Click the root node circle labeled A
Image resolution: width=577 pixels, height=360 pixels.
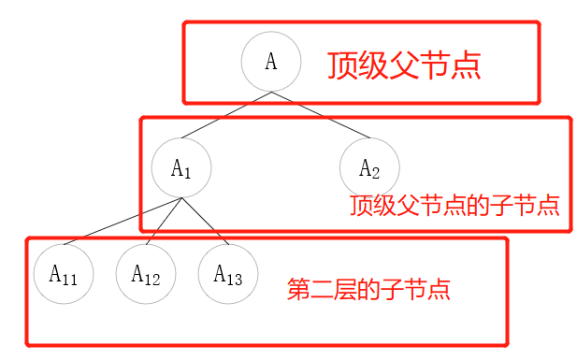(x=271, y=62)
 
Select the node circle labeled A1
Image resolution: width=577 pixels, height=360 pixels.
(x=181, y=168)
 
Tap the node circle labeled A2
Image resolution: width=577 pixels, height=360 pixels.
(x=369, y=168)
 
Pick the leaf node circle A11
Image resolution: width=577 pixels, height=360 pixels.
(x=64, y=274)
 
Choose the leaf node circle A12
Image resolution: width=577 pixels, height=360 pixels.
(x=146, y=274)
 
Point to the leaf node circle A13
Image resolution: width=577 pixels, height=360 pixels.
(x=228, y=274)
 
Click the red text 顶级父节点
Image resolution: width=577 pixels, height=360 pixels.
(x=404, y=65)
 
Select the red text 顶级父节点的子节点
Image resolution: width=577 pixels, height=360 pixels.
(x=454, y=206)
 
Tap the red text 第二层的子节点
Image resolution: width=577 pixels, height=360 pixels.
(x=368, y=289)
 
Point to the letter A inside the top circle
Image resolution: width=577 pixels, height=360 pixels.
(x=271, y=62)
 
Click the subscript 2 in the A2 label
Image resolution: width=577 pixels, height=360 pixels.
(x=376, y=173)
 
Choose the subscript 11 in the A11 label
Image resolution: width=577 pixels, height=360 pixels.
(x=71, y=279)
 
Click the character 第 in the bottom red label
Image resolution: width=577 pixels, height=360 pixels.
(x=297, y=289)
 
